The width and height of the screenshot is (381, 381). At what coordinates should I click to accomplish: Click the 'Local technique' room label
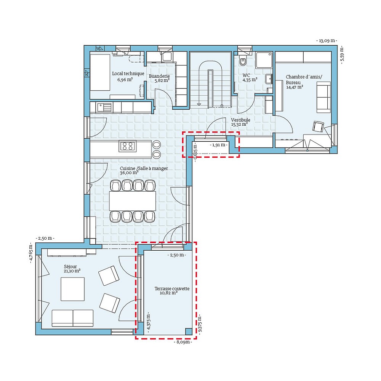pyautogui.click(x=128, y=74)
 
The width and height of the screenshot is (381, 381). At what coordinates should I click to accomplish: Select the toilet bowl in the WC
pyautogui.click(x=243, y=61)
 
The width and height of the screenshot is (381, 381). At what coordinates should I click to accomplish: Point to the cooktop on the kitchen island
pyautogui.click(x=128, y=146)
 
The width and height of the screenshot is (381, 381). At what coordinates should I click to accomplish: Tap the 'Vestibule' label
pyautogui.click(x=240, y=120)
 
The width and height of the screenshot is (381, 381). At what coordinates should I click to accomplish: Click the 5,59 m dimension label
pyautogui.click(x=341, y=56)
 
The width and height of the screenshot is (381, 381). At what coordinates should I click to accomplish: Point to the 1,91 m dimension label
pyautogui.click(x=218, y=145)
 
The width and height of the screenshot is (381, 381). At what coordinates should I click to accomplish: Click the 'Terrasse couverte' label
pyautogui.click(x=172, y=289)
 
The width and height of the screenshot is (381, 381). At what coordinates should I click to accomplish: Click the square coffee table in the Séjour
pyautogui.click(x=72, y=289)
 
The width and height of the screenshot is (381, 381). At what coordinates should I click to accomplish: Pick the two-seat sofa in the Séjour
pyautogui.click(x=72, y=318)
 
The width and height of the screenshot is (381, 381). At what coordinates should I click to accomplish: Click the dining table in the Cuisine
pyautogui.click(x=133, y=201)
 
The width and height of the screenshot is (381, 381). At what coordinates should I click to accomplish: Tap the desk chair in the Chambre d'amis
pyautogui.click(x=318, y=126)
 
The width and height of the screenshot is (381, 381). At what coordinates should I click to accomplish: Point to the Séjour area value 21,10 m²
pyautogui.click(x=72, y=271)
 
